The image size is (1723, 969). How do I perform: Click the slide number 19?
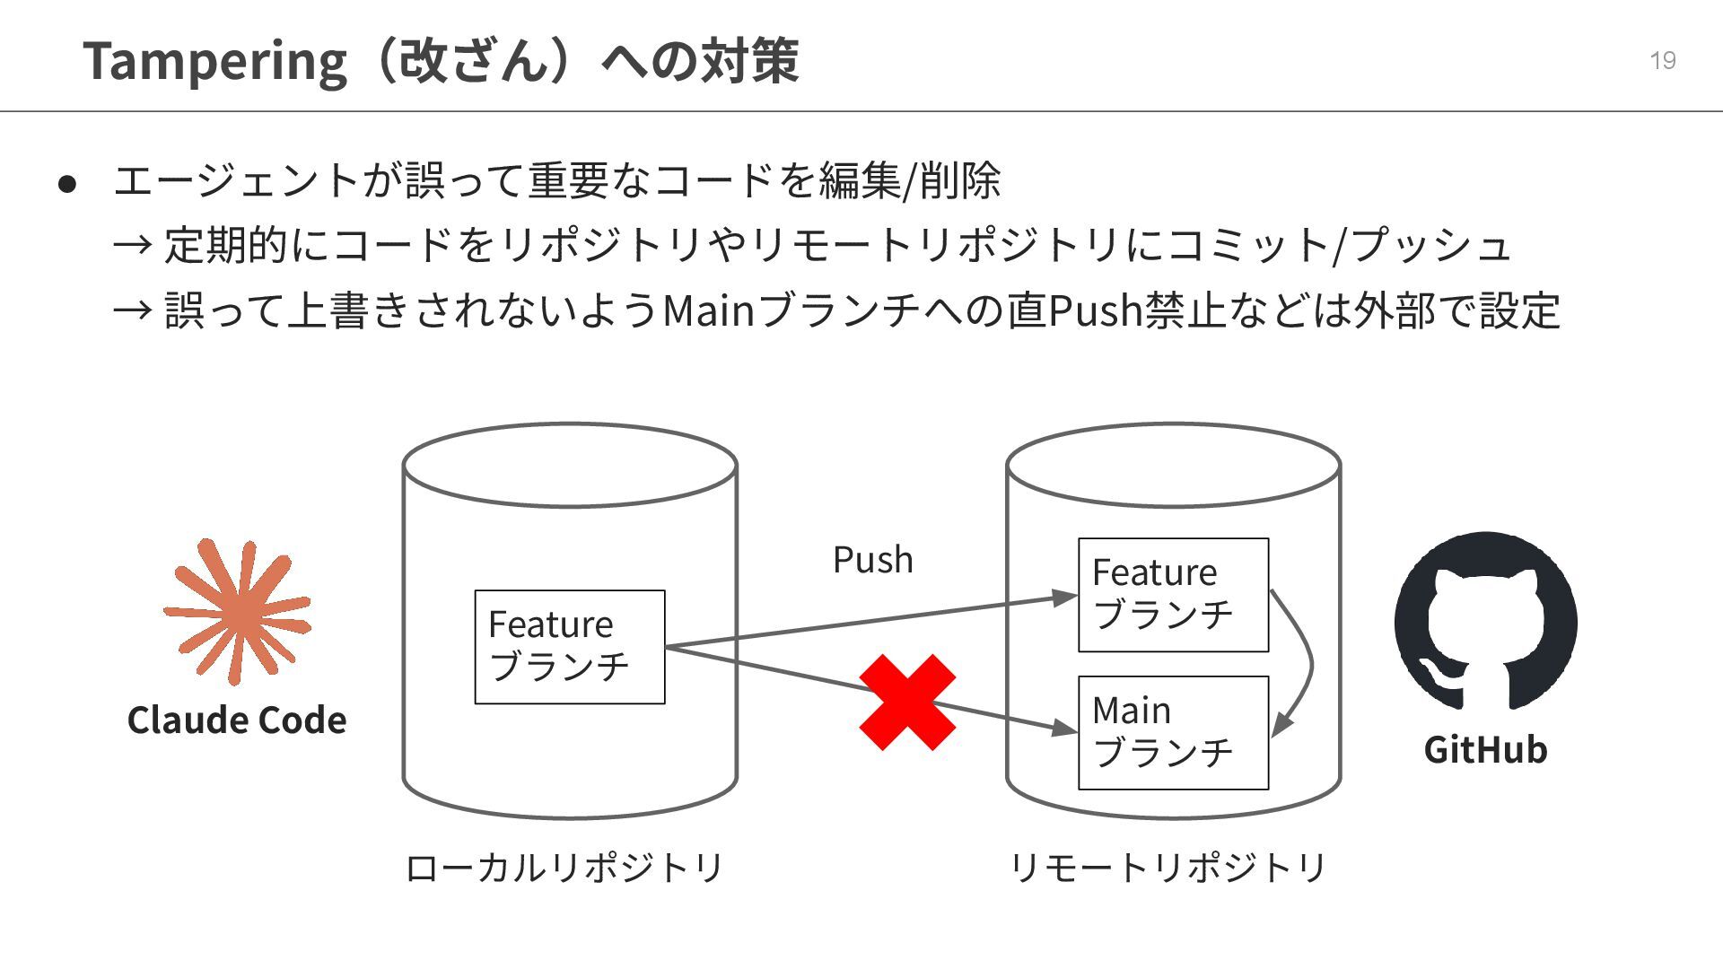point(1662,60)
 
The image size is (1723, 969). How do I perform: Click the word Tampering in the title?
point(214,62)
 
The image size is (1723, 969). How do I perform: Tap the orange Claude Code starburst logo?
point(237,612)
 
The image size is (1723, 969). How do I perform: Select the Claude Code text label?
point(237,720)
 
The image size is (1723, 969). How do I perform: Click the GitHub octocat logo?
point(1485,621)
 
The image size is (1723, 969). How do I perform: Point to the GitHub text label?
point(1485,750)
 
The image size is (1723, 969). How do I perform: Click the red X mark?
point(907,703)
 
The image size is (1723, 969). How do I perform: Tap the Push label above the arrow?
point(872,560)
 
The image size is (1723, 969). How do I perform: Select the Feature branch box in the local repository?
point(570,647)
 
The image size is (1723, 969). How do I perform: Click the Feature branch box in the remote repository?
point(1173,595)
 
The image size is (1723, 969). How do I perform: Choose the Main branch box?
point(1173,733)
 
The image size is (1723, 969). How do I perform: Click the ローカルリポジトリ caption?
point(564,868)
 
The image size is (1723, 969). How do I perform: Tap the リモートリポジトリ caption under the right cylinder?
point(1168,868)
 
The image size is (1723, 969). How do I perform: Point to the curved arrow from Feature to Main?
point(1306,664)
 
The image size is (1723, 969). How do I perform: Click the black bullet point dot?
point(67,184)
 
